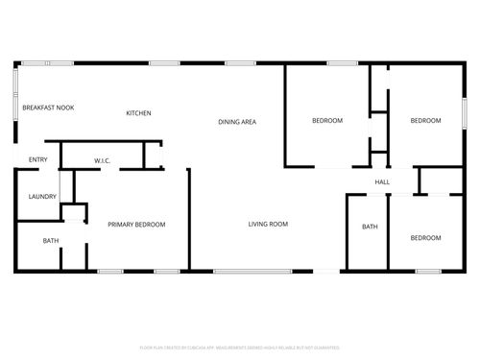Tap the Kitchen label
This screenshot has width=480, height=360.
pyautogui.click(x=138, y=113)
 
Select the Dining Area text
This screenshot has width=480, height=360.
pyautogui.click(x=236, y=122)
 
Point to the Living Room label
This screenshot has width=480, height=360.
pyautogui.click(x=268, y=225)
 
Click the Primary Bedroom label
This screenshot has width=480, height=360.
pyautogui.click(x=136, y=225)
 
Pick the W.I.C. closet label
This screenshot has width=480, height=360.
pyautogui.click(x=102, y=160)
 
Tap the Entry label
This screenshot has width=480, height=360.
pyautogui.click(x=38, y=159)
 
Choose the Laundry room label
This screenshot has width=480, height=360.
pyautogui.click(x=42, y=197)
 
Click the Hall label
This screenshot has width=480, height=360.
pyautogui.click(x=382, y=182)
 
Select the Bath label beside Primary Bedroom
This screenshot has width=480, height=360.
pyautogui.click(x=51, y=241)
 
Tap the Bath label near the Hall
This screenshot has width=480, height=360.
pyautogui.click(x=370, y=228)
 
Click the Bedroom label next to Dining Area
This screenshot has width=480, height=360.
pyautogui.click(x=326, y=121)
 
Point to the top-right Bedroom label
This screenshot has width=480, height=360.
pyautogui.click(x=425, y=121)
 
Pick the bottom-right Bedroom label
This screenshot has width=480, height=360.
pyautogui.click(x=425, y=237)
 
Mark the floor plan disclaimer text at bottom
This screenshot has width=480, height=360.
pyautogui.click(x=239, y=347)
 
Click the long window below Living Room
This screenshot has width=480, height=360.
pyautogui.click(x=252, y=271)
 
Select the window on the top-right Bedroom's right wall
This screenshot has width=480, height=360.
pyautogui.click(x=466, y=107)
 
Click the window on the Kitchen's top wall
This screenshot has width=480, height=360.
pyautogui.click(x=164, y=63)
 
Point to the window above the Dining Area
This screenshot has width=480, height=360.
pyautogui.click(x=239, y=63)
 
